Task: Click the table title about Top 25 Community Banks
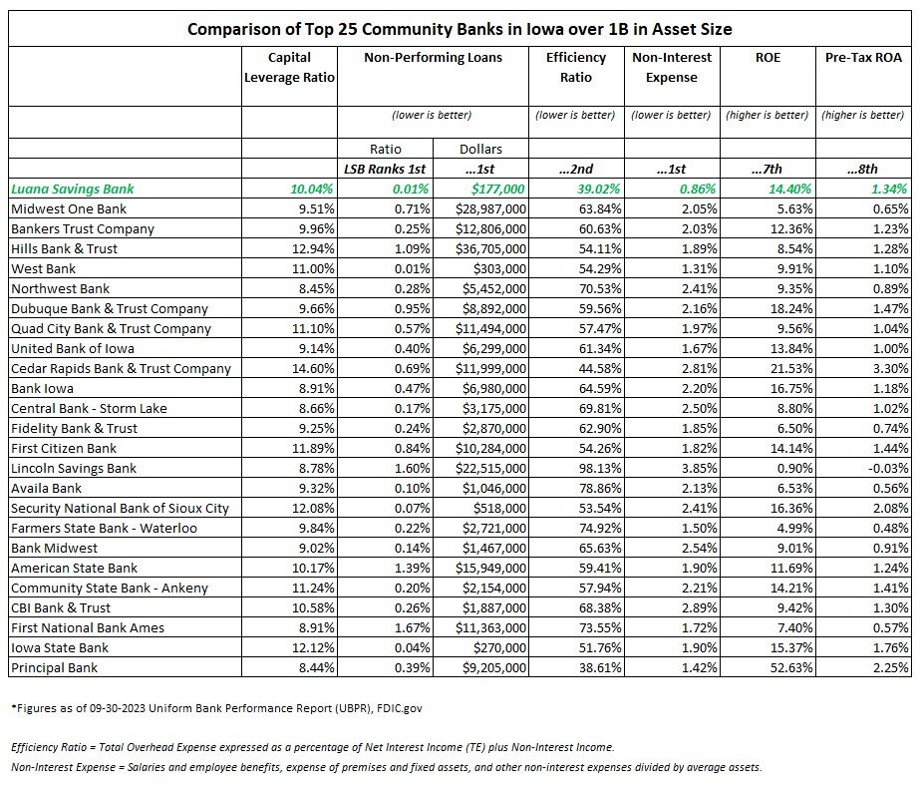point(460,29)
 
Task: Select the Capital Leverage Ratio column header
point(289,67)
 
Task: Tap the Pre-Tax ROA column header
point(863,58)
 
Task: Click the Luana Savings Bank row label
point(73,190)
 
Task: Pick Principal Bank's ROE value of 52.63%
point(791,668)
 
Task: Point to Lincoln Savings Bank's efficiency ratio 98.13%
point(600,469)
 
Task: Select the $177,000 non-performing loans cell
point(497,190)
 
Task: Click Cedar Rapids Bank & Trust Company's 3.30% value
point(890,369)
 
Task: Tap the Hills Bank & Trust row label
point(64,249)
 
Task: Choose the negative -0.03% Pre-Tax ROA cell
point(888,469)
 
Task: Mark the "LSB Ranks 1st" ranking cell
point(385,170)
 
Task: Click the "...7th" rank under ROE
point(768,170)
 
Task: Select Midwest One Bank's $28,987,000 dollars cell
point(491,209)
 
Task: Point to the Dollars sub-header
point(480,149)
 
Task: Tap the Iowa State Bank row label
point(60,648)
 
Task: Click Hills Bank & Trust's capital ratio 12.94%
point(313,249)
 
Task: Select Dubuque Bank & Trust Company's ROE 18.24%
point(791,308)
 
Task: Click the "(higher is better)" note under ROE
point(768,115)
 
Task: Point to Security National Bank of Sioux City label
point(120,509)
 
